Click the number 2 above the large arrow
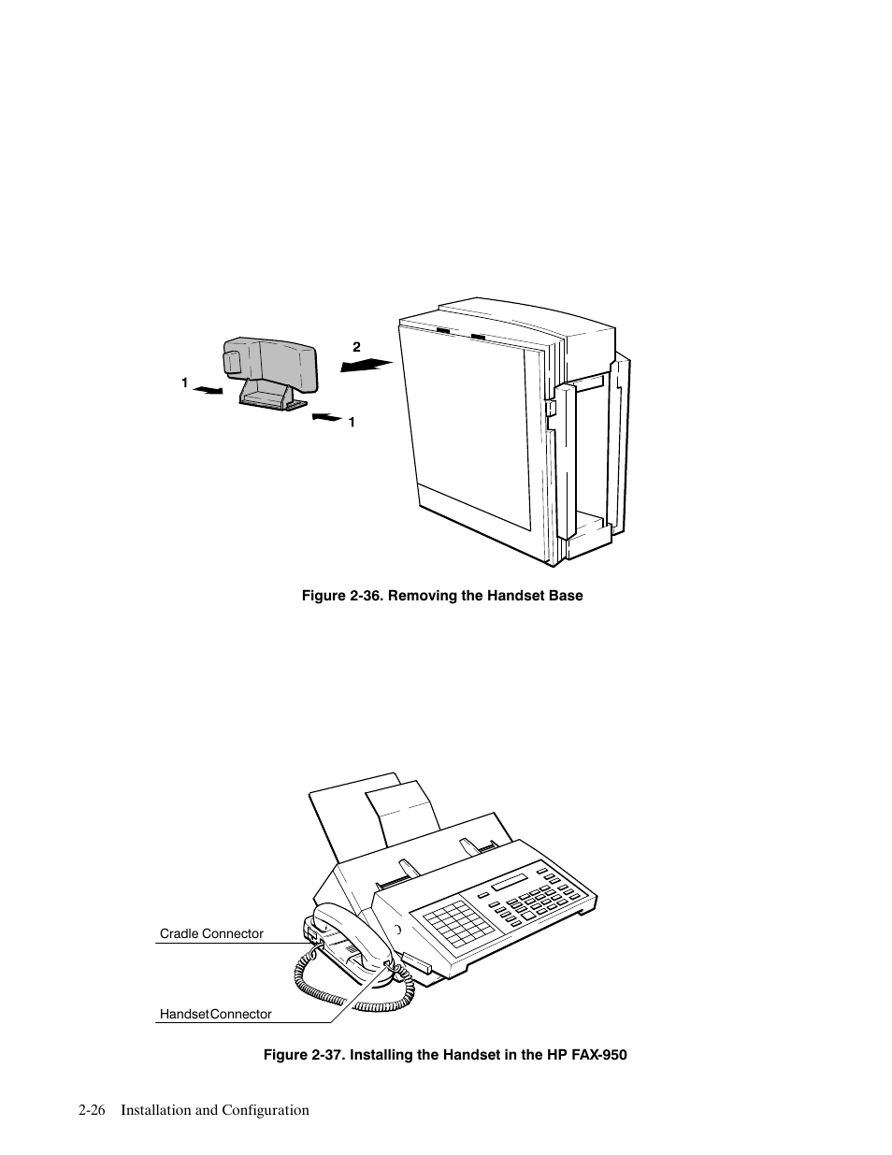click(x=356, y=347)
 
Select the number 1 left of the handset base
click(x=185, y=383)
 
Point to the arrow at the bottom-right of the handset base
click(x=326, y=416)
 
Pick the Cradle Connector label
click(x=211, y=933)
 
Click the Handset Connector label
click(x=215, y=1014)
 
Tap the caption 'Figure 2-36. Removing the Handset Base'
click(x=441, y=596)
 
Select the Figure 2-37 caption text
click(x=444, y=1055)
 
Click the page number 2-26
click(x=92, y=1110)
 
